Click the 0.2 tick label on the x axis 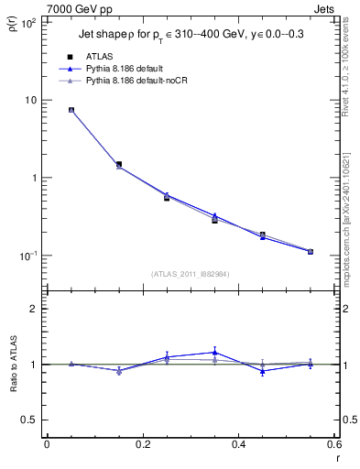coord(142,444)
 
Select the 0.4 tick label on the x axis coord(239,444)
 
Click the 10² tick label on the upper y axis coord(27,22)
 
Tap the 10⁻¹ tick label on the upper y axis coord(27,256)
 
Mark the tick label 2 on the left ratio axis coord(34,309)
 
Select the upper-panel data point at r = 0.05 coord(71,110)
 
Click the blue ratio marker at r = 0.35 coord(214,352)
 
